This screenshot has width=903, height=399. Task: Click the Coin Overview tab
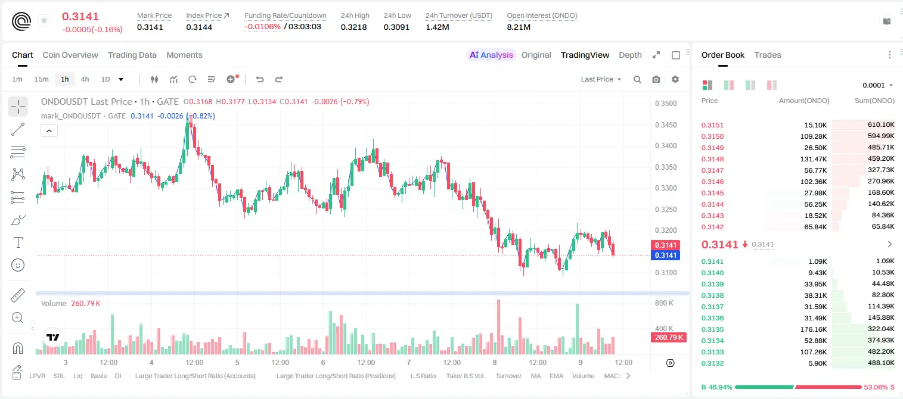click(70, 55)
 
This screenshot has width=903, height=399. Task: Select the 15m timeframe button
click(41, 79)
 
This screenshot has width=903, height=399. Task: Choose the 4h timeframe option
click(85, 79)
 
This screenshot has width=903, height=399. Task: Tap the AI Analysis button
click(491, 55)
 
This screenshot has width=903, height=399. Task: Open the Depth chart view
click(630, 55)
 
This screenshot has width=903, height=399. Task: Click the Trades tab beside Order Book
click(768, 55)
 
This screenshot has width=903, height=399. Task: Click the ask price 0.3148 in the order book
click(712, 159)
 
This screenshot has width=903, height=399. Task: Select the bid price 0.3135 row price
click(712, 329)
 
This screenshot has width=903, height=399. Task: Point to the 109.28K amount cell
click(813, 136)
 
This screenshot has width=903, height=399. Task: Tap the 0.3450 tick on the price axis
click(666, 125)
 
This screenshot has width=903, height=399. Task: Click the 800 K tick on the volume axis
click(663, 303)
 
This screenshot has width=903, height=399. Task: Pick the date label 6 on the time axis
click(323, 362)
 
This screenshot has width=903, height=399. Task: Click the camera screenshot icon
click(656, 79)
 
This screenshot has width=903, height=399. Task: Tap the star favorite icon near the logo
click(44, 20)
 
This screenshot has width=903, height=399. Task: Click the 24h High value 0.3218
click(353, 27)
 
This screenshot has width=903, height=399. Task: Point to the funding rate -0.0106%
click(262, 27)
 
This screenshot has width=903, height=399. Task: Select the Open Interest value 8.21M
click(519, 27)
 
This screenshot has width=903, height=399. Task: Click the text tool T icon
click(18, 242)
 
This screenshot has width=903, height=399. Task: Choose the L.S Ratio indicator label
click(423, 376)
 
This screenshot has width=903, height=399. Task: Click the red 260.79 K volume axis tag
click(668, 338)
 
